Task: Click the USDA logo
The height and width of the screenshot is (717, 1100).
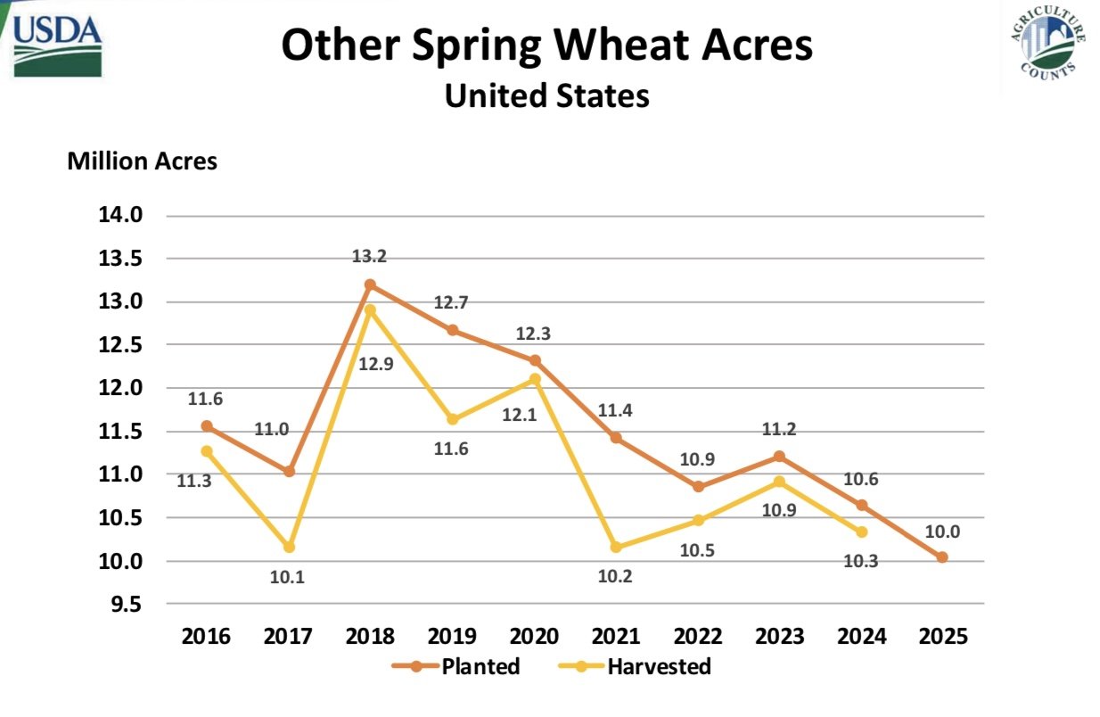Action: point(57,45)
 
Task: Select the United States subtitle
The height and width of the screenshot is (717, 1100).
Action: point(546,95)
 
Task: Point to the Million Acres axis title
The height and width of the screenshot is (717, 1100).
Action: point(142,161)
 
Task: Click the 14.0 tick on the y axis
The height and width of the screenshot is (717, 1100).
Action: point(120,215)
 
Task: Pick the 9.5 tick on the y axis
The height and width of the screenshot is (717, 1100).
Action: point(127,605)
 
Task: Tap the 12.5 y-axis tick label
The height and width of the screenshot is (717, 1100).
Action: point(120,345)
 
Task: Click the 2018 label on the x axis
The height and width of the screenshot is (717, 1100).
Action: point(370,637)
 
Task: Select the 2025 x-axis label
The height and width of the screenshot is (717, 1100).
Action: point(943,637)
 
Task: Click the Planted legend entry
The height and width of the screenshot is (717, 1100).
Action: point(456,666)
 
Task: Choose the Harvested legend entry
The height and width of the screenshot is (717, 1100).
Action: point(635,666)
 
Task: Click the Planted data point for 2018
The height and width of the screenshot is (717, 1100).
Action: point(370,285)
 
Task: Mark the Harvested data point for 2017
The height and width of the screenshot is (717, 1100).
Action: point(289,547)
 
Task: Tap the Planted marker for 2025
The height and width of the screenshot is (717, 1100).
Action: point(942,557)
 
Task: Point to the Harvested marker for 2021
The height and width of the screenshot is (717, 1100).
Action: point(616,547)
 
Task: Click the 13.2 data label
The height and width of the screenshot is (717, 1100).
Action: point(369,256)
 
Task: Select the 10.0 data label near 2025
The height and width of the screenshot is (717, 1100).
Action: point(942,532)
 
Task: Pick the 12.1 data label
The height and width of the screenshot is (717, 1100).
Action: point(519,415)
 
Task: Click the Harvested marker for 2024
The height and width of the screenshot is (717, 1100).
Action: point(861,532)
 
